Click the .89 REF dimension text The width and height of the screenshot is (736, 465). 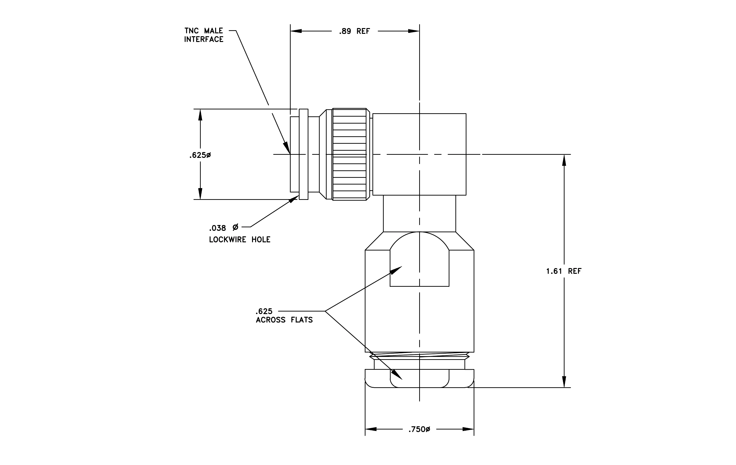click(354, 31)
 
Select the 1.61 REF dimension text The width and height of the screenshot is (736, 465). click(564, 271)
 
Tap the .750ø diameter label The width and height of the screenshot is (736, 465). click(419, 429)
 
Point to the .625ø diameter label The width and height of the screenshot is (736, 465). click(200, 155)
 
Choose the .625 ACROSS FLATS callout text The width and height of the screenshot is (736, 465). click(284, 316)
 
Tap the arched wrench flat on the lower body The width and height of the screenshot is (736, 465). click(419, 259)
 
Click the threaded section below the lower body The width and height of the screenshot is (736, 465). click(419, 356)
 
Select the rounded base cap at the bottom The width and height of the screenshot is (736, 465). click(419, 378)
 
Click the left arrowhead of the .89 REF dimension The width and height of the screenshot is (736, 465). click(296, 31)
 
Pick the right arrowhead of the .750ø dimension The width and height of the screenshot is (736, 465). click(468, 429)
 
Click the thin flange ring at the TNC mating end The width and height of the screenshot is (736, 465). click(304, 154)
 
